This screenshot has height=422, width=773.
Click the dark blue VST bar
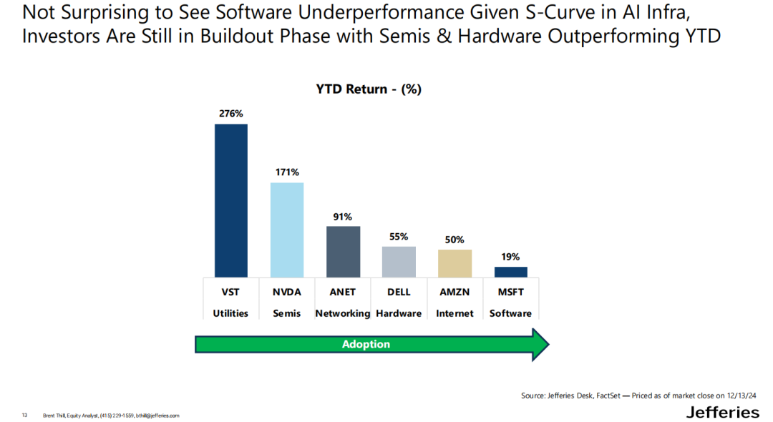(x=230, y=200)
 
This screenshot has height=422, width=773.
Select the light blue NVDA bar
(x=286, y=230)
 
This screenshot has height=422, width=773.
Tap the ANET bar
(x=343, y=251)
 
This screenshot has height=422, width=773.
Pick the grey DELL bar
(x=399, y=261)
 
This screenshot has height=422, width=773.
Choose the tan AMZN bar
(x=454, y=262)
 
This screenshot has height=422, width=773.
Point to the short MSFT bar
(x=510, y=272)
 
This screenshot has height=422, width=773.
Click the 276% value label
(x=231, y=113)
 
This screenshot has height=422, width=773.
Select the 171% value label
(x=286, y=172)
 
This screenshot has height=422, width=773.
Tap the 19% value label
(x=510, y=256)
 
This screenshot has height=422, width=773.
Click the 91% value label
(x=343, y=216)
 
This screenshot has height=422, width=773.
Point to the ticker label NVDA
(x=286, y=293)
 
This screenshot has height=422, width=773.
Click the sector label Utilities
(x=230, y=313)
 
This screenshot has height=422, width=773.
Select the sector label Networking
(x=343, y=313)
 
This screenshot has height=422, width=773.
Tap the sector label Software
(x=510, y=313)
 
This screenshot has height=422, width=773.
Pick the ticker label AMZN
(x=454, y=293)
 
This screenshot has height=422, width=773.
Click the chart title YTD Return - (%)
(x=369, y=89)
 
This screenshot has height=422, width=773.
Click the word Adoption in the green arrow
(x=366, y=344)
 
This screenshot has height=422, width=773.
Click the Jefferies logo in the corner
(x=722, y=412)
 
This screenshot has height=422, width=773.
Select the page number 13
(x=24, y=415)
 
